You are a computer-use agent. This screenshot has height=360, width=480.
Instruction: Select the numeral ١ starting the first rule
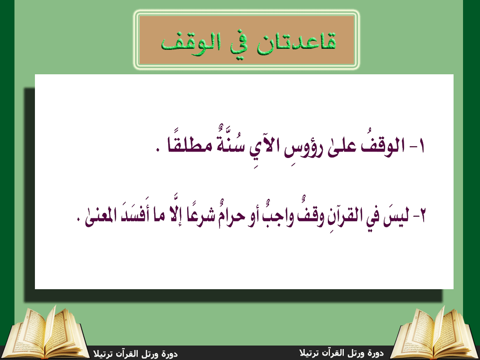pos(421,146)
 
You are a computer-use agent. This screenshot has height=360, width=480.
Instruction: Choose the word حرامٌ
pos(231,215)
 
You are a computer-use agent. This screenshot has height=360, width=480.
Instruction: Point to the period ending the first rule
pos(158,150)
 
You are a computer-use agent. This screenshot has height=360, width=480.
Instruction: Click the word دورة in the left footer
pos(170,354)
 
